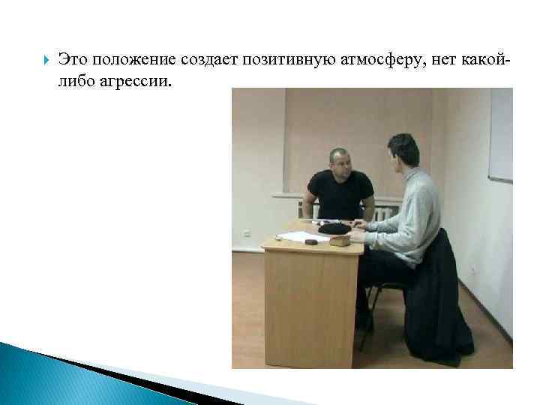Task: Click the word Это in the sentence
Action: (73, 58)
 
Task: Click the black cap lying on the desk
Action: (334, 228)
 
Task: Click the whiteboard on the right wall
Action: (500, 135)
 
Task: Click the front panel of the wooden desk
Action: (308, 300)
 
